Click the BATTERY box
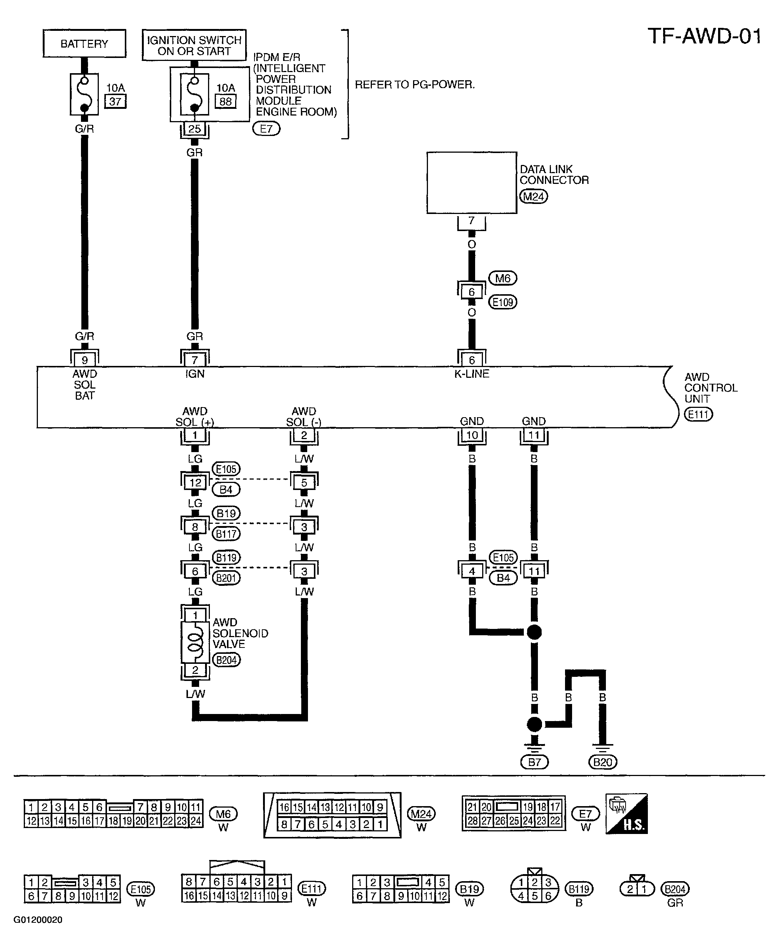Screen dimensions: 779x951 pos(84,43)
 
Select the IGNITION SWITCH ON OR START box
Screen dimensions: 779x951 pos(194,45)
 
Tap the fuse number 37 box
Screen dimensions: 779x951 pos(115,101)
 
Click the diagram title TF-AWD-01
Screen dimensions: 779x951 pos(704,36)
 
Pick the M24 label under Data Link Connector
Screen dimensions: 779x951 pos(533,197)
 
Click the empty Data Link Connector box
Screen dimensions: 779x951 pos(472,183)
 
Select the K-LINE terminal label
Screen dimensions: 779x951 pos(472,374)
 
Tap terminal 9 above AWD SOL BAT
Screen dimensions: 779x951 pos(84,360)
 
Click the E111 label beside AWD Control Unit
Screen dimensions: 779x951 pos(698,414)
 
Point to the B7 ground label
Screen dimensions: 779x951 pos(534,762)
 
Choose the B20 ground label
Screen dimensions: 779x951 pos(603,762)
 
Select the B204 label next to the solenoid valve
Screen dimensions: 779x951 pos(227,660)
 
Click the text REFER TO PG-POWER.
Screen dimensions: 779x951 pos(415,85)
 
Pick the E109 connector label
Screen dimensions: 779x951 pos(503,302)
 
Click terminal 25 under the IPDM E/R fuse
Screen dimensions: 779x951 pos(194,129)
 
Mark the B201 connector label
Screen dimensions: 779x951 pos(226,578)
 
